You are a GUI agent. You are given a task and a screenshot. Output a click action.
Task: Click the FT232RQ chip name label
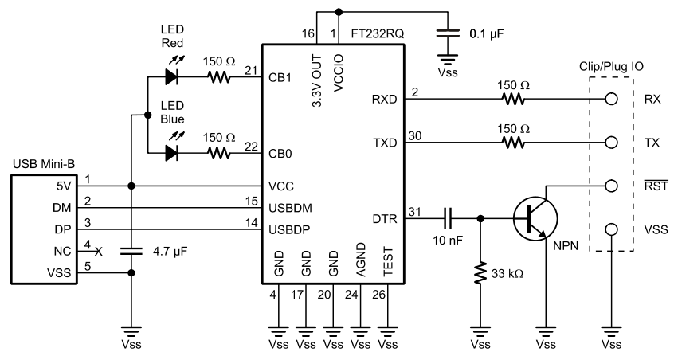click(x=378, y=35)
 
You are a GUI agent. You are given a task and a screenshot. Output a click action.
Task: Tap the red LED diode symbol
click(x=171, y=77)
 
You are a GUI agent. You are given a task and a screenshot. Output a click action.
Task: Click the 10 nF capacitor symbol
click(x=449, y=216)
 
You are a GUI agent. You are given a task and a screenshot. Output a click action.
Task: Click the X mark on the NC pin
click(x=99, y=250)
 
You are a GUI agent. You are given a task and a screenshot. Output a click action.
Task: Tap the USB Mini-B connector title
click(x=46, y=165)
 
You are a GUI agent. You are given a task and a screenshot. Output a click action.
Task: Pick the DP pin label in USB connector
click(x=65, y=229)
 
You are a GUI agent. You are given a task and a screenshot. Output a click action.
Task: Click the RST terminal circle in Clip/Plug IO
click(x=612, y=186)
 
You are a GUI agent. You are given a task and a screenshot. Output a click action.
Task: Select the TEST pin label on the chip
click(x=387, y=264)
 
